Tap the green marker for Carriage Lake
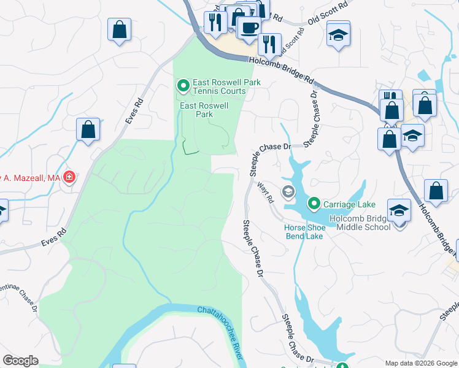tap(314, 202)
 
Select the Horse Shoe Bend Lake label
tap(303, 231)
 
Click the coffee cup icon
tap(249, 27)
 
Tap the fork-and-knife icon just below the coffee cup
tap(268, 44)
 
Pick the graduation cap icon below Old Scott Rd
tap(337, 34)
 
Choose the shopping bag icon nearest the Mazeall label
tap(88, 129)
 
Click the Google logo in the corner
tap(21, 360)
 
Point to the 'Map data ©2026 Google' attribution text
tap(421, 362)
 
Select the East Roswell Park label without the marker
tap(204, 110)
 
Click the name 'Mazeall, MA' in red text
tap(31, 178)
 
